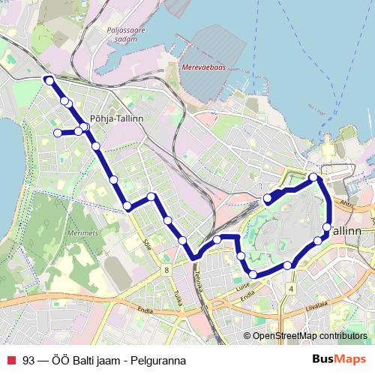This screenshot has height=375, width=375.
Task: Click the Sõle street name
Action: point(145,244)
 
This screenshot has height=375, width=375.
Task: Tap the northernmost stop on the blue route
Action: point(49,80)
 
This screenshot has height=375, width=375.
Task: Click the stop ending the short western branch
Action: point(58,133)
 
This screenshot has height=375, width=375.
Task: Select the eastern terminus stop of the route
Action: point(268,199)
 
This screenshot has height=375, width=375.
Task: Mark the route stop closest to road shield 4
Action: point(288,265)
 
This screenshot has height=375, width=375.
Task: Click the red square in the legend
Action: point(11,360)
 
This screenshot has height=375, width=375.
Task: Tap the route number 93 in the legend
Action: point(28,360)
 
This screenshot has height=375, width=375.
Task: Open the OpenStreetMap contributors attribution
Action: point(310,335)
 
